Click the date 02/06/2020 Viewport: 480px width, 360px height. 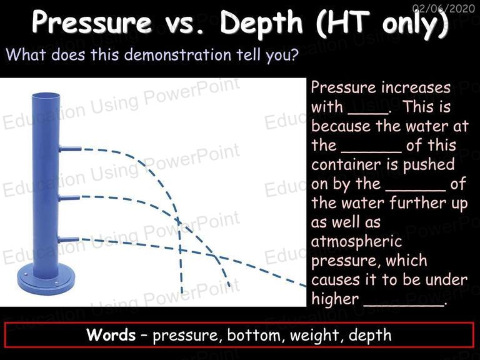pyautogui.click(x=444, y=8)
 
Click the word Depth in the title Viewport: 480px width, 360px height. pyautogui.click(x=261, y=22)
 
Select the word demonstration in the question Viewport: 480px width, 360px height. pyautogui.click(x=178, y=55)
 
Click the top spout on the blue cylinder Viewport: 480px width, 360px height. pyautogui.click(x=71, y=149)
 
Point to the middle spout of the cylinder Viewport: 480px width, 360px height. pyautogui.click(x=69, y=198)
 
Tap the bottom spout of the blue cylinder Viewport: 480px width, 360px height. pyautogui.click(x=68, y=240)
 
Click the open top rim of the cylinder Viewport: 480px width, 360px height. pyautogui.click(x=46, y=96)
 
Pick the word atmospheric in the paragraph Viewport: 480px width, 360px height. pyautogui.click(x=356, y=241)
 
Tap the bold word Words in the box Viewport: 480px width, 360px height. pyautogui.click(x=111, y=334)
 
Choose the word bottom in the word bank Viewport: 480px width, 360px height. pyautogui.click(x=254, y=335)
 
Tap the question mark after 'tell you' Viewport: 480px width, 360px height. pyautogui.click(x=294, y=55)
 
